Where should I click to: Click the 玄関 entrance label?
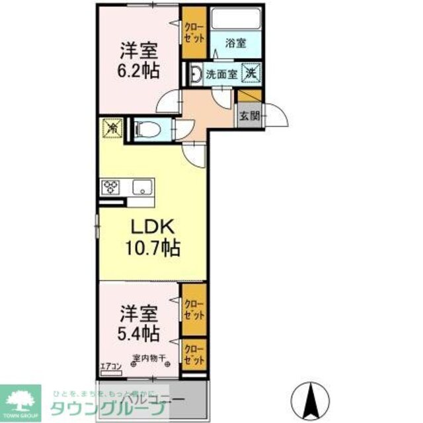click(249, 118)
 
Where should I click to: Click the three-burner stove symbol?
click(110, 188)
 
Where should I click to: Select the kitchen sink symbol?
click(141, 187)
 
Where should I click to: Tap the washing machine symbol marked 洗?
click(251, 71)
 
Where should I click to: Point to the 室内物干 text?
click(148, 360)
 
